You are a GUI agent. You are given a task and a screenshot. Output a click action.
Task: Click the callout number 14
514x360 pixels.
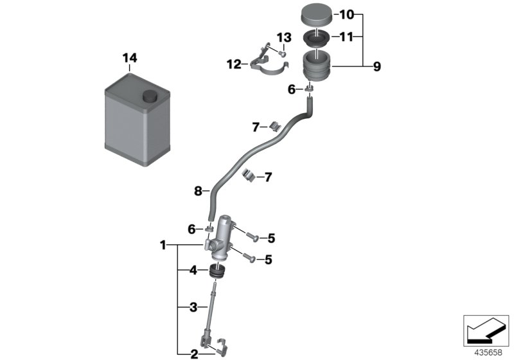(130, 59)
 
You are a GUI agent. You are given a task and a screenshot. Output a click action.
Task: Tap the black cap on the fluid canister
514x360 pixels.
(150, 96)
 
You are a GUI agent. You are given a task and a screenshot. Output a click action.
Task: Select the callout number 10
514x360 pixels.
(346, 14)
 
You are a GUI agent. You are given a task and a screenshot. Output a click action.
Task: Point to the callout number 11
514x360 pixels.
(346, 37)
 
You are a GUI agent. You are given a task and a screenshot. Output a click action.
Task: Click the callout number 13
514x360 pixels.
(284, 37)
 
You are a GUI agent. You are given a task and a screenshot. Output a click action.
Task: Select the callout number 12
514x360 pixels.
(233, 64)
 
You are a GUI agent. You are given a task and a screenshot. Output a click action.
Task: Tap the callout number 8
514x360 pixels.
(199, 190)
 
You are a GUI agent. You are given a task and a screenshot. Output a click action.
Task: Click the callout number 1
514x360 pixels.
(163, 245)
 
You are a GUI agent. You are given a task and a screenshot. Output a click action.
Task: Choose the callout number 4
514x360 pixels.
(192, 271)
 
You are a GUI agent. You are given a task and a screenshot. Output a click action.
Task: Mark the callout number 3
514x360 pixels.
(192, 307)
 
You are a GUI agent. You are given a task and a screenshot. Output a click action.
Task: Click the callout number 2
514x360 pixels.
(192, 352)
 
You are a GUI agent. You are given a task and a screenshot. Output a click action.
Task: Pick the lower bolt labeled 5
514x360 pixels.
(250, 259)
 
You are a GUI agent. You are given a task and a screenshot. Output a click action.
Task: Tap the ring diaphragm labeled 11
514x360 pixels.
(316, 38)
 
